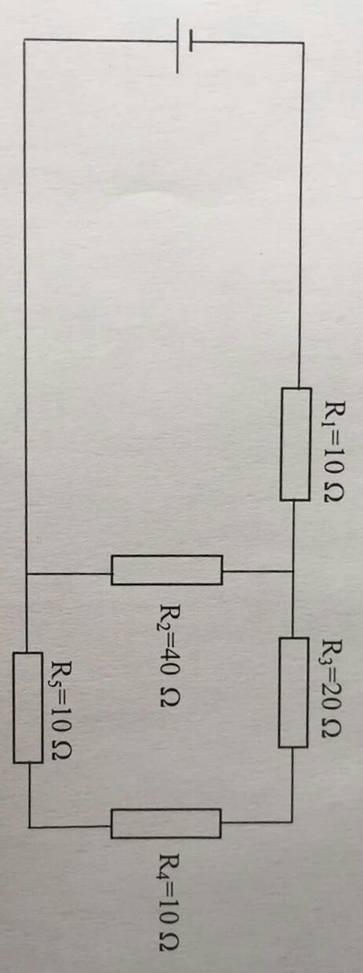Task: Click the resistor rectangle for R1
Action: click(x=295, y=444)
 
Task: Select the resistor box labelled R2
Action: click(x=167, y=570)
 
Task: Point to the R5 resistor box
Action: click(x=27, y=707)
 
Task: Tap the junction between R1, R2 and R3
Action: click(x=294, y=571)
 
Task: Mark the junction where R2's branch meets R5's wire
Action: click(x=27, y=574)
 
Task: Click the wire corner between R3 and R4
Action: click(x=292, y=822)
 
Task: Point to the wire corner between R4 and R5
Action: click(x=30, y=827)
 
